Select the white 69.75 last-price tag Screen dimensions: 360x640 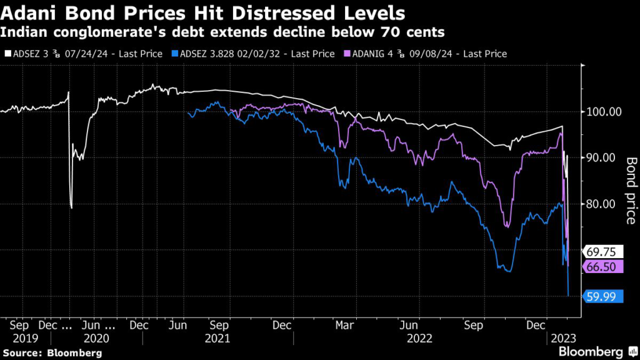point(603,252)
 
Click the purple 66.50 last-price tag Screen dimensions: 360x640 point(603,267)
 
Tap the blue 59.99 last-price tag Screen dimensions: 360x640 point(603,297)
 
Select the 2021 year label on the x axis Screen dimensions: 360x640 point(219,339)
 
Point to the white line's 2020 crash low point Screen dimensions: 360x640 point(71,208)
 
